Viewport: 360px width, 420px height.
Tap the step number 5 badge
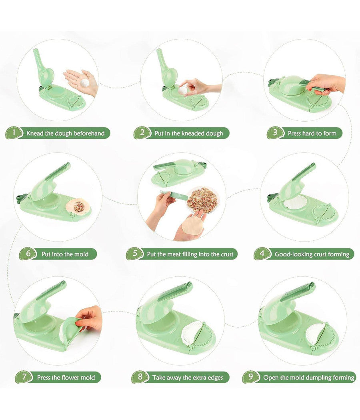click(x=135, y=253)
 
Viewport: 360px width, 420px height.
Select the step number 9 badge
click(x=251, y=377)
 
